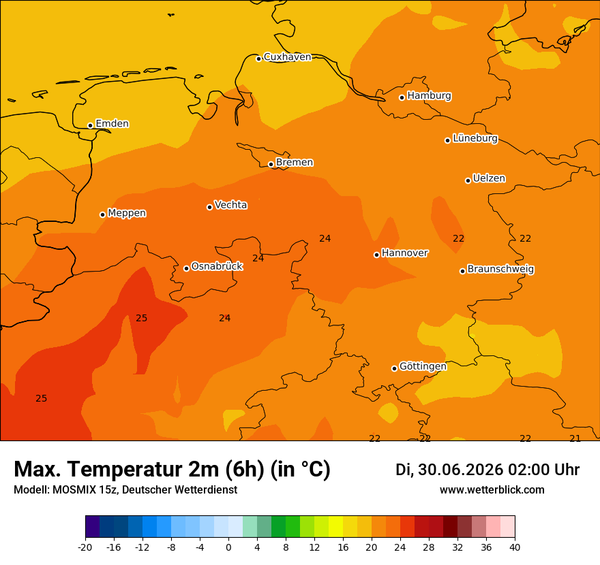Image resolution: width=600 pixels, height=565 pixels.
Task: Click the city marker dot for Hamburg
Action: [402, 98]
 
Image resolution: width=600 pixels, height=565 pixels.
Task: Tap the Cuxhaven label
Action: [287, 57]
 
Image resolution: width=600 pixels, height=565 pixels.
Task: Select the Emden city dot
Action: [90, 125]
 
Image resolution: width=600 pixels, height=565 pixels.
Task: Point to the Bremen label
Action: [295, 163]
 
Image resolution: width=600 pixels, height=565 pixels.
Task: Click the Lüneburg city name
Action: [475, 138]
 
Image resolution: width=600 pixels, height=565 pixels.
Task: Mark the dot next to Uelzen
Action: [468, 180]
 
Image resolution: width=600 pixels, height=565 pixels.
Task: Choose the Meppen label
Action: [127, 213]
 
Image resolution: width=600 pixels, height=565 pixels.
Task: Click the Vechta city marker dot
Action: [210, 207]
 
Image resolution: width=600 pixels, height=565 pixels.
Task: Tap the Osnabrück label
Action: [217, 266]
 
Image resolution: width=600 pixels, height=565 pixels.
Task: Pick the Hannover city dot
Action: [376, 255]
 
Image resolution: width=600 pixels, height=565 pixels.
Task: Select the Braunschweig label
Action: [500, 269]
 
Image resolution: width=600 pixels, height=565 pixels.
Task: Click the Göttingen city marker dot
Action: [394, 369]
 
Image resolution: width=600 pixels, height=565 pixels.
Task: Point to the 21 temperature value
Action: [575, 438]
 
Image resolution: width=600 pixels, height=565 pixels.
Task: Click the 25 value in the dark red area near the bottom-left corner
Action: [42, 398]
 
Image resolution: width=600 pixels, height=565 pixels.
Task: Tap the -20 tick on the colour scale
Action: [85, 547]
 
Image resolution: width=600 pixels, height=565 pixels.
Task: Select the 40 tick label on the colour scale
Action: [515, 547]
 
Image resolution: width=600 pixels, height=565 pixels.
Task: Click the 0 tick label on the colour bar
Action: [228, 547]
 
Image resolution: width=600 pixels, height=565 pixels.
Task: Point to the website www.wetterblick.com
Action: [492, 489]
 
